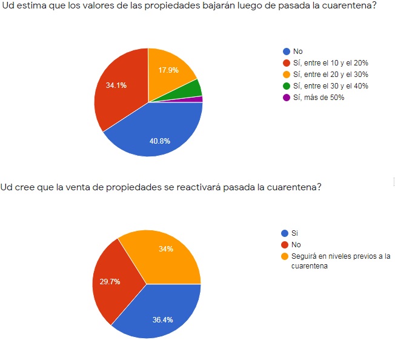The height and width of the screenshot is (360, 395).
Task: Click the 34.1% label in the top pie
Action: pos(116,85)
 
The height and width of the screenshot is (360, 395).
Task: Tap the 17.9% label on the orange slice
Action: pos(168,70)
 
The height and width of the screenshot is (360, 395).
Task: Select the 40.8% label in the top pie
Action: pos(160,141)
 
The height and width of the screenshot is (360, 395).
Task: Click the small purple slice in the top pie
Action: pos(199,99)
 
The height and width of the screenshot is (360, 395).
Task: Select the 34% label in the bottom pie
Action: pos(166,248)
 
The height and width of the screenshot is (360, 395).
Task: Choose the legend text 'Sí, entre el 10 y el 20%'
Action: pos(330,63)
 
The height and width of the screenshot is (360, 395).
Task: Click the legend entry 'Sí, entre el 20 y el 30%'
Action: pos(330,75)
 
